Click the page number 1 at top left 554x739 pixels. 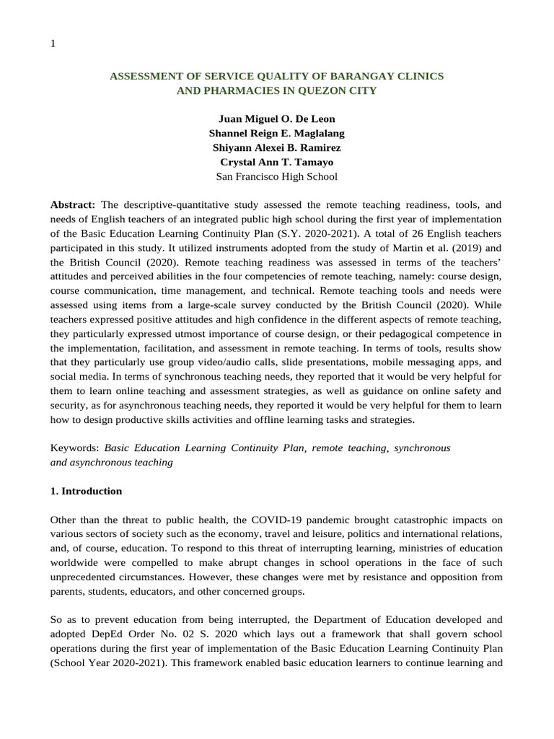[53, 43]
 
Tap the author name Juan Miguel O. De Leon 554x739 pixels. [277, 118]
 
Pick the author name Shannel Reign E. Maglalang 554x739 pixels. [277, 133]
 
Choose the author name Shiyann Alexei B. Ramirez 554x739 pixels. [277, 147]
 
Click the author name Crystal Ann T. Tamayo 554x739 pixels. [277, 162]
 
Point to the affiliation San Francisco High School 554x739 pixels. [277, 176]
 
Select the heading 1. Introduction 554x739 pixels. [86, 491]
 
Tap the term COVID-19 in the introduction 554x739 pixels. [273, 520]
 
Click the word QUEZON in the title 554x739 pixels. [326, 91]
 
